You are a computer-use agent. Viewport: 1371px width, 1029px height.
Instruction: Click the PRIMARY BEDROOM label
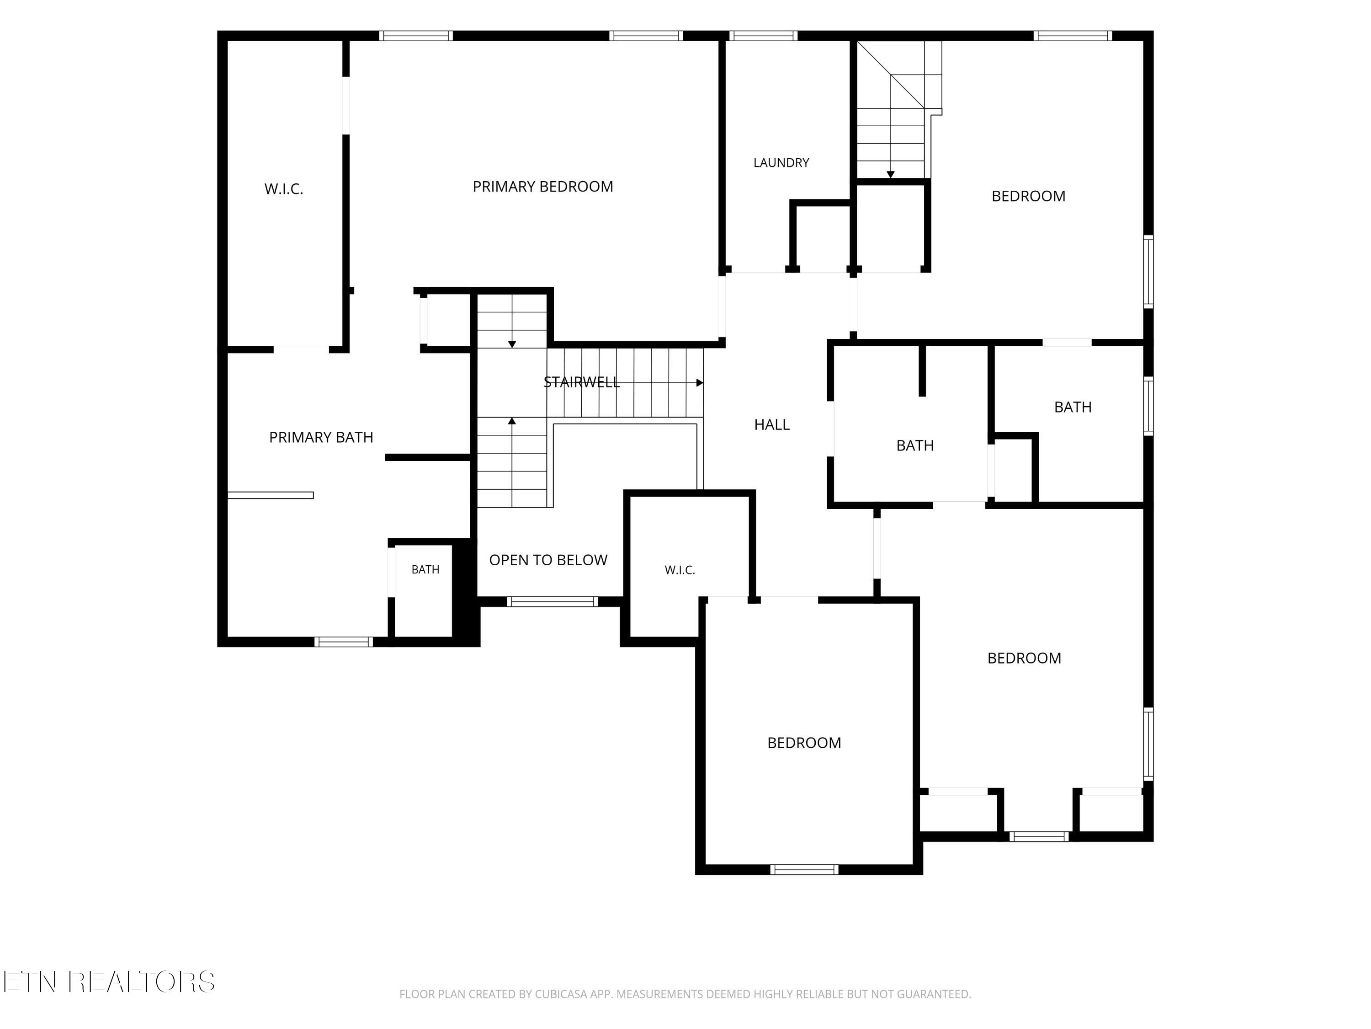pos(542,187)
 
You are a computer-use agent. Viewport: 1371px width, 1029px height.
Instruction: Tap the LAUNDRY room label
pos(781,162)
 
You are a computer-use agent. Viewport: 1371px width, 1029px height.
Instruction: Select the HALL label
pos(772,425)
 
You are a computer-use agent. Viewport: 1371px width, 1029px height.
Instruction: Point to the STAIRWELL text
pos(581,382)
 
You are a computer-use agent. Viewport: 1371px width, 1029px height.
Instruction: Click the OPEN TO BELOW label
pos(548,560)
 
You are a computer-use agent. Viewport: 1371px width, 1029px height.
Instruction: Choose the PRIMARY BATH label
pos(321,437)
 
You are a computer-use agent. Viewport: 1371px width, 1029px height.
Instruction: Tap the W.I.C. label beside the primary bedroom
pos(284,189)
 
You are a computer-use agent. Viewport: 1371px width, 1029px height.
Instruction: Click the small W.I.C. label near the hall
pos(680,570)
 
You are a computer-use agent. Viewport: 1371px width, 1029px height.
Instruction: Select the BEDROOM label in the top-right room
pos(1028,196)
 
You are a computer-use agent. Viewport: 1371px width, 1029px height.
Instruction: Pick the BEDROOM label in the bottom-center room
pos(804,743)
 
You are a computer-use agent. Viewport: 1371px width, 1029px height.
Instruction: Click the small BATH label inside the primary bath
pos(425,569)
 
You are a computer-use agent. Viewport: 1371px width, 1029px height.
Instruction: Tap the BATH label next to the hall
pos(915,445)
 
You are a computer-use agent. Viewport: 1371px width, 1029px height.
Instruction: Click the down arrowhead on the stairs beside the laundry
pos(890,175)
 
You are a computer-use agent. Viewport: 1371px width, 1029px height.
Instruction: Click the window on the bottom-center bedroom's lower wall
pos(804,869)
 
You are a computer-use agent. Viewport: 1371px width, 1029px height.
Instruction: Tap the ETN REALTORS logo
pos(109,982)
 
